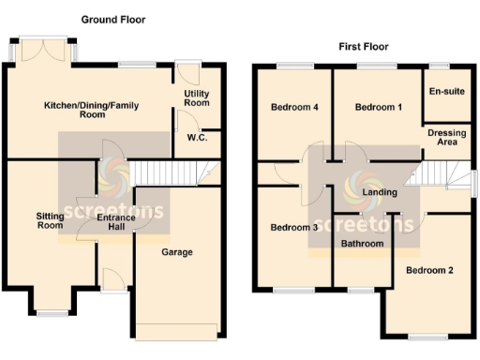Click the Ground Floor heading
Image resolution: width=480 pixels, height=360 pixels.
tap(112, 19)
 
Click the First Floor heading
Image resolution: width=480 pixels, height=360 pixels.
tap(363, 46)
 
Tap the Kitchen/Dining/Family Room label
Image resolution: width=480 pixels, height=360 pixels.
tap(92, 111)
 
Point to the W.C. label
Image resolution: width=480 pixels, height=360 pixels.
tap(197, 138)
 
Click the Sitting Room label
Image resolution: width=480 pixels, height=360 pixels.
tap(51, 220)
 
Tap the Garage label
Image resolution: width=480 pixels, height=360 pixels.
tap(177, 252)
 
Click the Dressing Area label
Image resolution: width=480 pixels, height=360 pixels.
tap(446, 138)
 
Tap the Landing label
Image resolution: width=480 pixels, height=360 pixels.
tap(380, 192)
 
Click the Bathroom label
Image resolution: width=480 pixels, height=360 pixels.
tap(363, 244)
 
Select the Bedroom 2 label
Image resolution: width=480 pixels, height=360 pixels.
tap(429, 270)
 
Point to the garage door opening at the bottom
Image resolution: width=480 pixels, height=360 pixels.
tap(177, 329)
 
